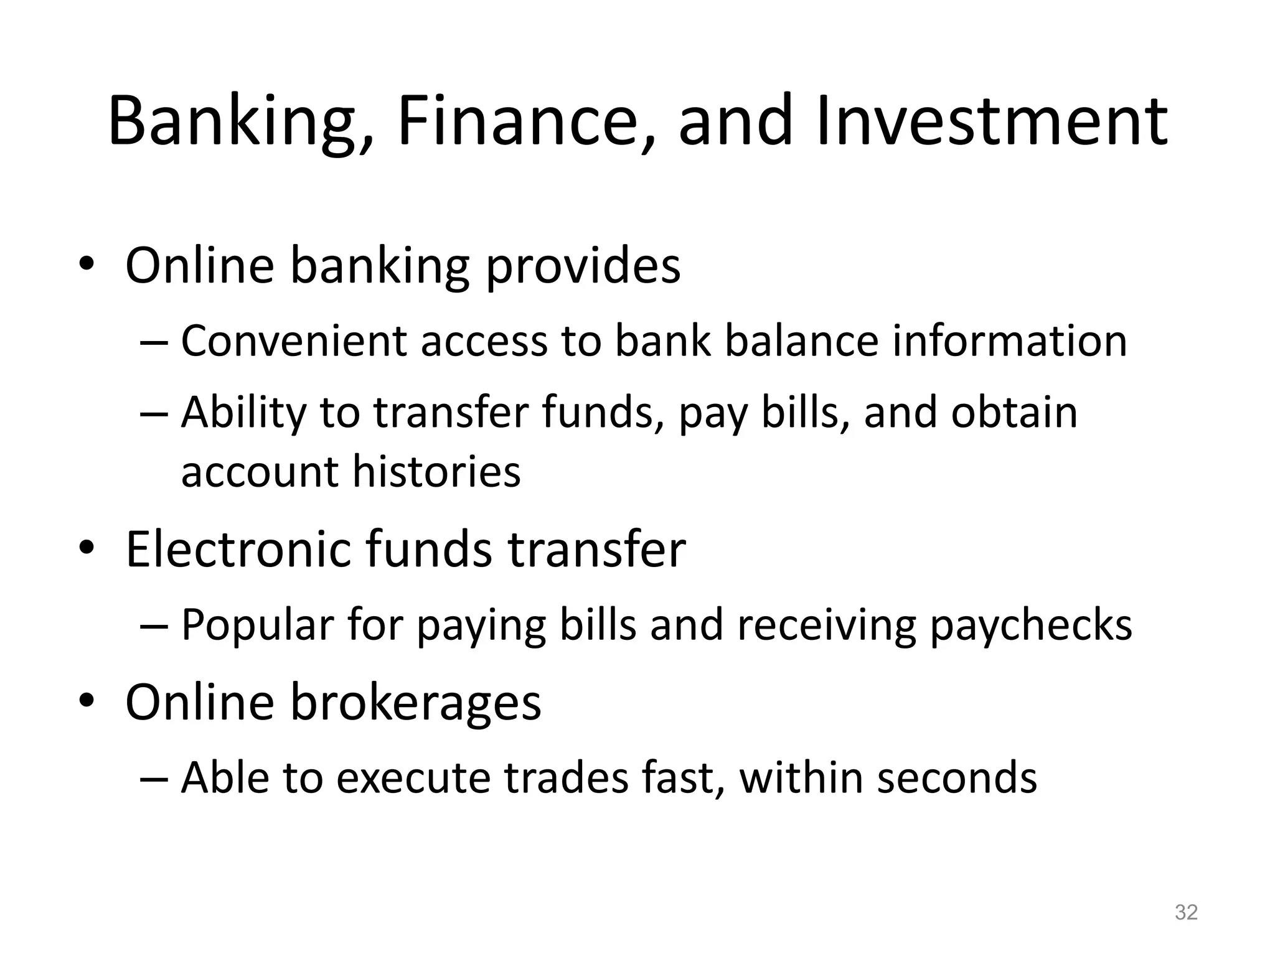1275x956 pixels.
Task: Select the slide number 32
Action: click(x=1186, y=912)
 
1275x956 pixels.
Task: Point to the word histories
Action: click(x=436, y=471)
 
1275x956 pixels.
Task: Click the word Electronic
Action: click(x=238, y=549)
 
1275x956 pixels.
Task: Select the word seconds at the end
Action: click(x=957, y=777)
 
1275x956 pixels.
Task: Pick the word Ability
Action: click(x=243, y=413)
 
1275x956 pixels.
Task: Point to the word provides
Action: click(x=583, y=266)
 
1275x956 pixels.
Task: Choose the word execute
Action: click(x=413, y=777)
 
